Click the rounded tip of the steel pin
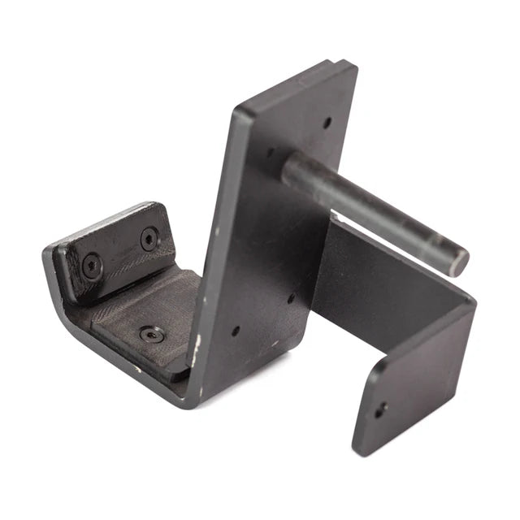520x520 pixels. coord(459,262)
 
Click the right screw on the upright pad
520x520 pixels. coord(149,239)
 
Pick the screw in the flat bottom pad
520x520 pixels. coord(151,333)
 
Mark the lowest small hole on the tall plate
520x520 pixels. coord(235,331)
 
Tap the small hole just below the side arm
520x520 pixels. coord(290,298)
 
